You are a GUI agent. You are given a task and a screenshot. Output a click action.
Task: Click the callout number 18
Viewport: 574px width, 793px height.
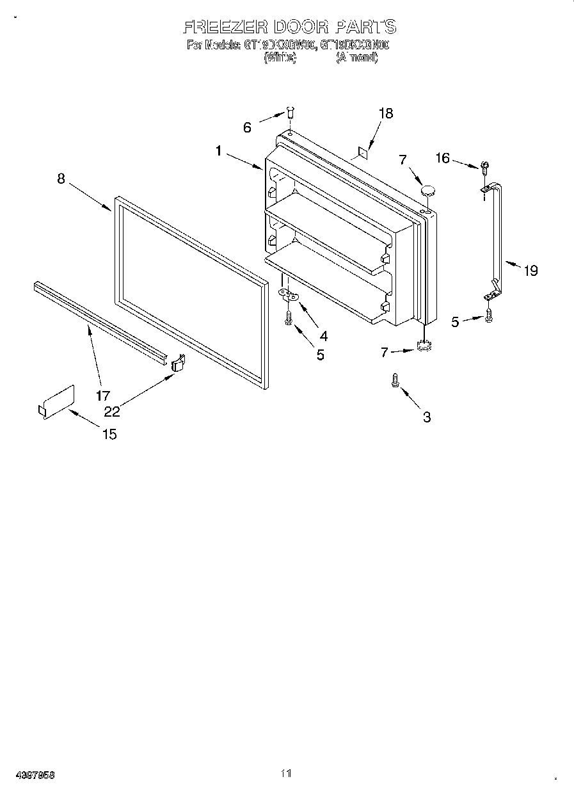click(385, 113)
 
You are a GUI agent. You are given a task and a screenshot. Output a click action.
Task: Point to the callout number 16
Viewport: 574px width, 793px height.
click(443, 158)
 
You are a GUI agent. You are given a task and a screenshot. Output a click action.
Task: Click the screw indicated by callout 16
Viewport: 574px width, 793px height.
click(484, 168)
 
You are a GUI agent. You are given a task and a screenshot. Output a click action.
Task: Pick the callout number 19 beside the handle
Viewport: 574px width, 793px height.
click(530, 271)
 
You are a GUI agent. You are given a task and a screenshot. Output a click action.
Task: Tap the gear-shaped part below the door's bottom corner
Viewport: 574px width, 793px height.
click(422, 346)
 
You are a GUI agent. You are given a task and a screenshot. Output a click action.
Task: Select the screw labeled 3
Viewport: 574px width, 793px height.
click(395, 380)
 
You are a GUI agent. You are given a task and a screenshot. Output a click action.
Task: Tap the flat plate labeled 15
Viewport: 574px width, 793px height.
click(56, 403)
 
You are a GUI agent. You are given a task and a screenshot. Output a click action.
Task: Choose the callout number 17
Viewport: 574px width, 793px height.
click(103, 396)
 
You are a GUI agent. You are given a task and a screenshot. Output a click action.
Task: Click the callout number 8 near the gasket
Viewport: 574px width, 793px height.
click(61, 179)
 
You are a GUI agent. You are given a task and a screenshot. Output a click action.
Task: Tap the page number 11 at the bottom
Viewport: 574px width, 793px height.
click(286, 774)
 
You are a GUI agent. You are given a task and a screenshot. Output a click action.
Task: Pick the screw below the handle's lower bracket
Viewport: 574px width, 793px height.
click(490, 314)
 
